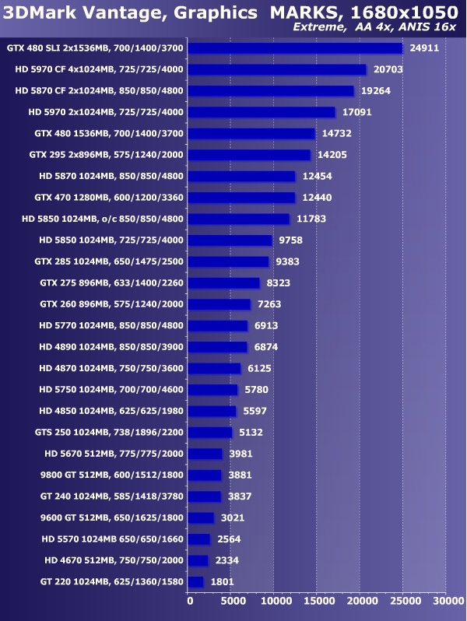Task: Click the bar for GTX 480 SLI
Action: coord(296,48)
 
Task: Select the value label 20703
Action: coord(389,69)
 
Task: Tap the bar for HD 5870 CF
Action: coord(272,91)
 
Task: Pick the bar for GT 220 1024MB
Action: coord(196,581)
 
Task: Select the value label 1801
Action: coord(223,581)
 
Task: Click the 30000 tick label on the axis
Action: coord(446,600)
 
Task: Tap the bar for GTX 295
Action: coord(250,155)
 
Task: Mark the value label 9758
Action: coord(290,240)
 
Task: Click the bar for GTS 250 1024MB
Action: coord(211,432)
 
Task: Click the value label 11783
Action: coord(311,219)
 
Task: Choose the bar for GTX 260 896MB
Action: coord(220,304)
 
